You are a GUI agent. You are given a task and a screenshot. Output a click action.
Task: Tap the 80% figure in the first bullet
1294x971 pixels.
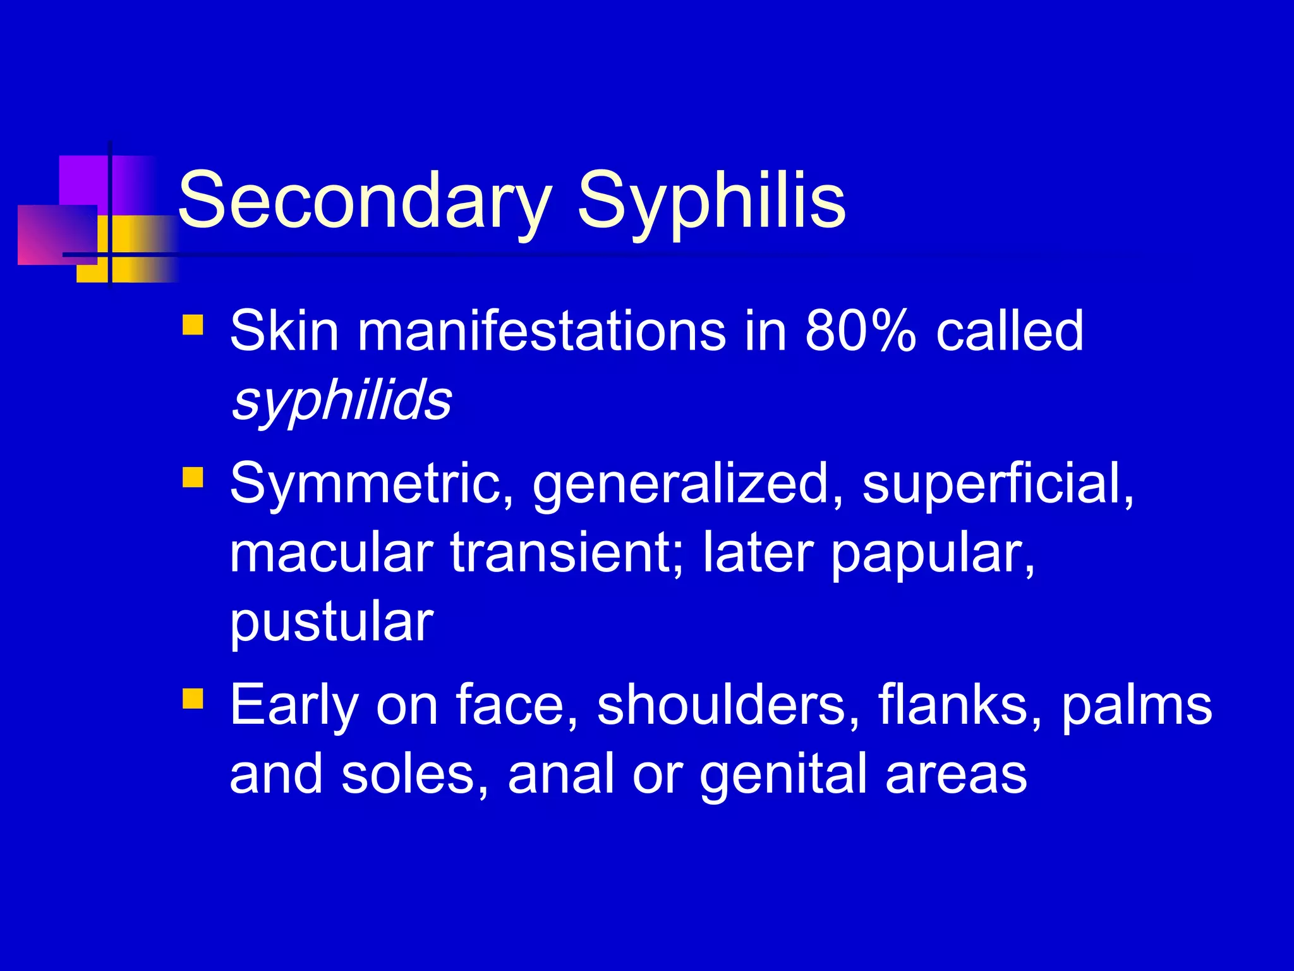(x=860, y=331)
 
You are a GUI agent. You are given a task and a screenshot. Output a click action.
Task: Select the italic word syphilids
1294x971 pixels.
(x=342, y=400)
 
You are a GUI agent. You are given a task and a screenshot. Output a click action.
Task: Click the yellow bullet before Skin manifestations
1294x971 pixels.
(x=193, y=325)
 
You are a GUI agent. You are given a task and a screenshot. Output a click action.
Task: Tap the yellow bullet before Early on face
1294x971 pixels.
(x=193, y=699)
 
